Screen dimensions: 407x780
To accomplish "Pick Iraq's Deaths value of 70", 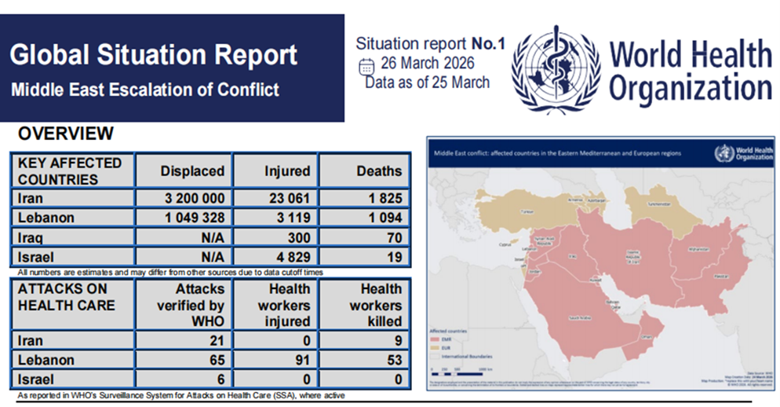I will click(x=393, y=237).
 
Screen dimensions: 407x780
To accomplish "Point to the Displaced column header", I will click(x=192, y=170).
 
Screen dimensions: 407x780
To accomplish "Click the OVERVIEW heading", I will click(x=65, y=134).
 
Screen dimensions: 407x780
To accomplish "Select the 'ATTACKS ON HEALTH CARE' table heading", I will click(x=67, y=297).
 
